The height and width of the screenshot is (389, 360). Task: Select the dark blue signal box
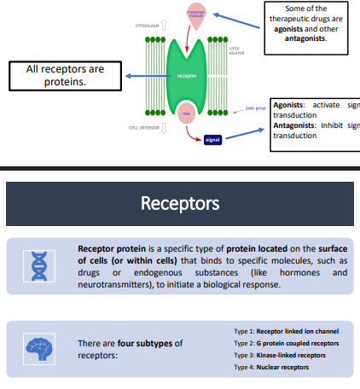pyautogui.click(x=212, y=139)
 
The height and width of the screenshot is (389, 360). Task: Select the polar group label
pyautogui.click(x=255, y=108)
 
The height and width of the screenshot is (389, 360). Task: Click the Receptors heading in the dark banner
pyautogui.click(x=179, y=204)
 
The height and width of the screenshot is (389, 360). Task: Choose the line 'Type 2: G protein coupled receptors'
pyautogui.click(x=285, y=343)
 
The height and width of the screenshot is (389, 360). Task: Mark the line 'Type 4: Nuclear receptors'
pyautogui.click(x=270, y=367)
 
